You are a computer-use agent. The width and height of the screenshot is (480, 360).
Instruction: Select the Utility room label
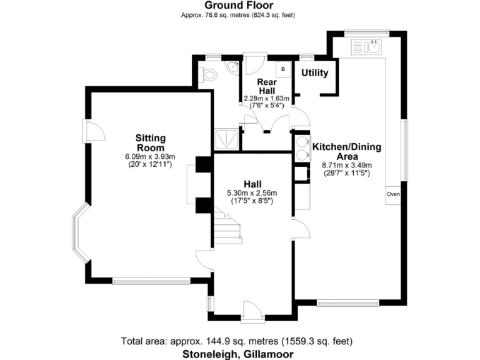315,73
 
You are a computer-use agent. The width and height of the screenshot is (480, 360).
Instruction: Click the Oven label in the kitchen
393,194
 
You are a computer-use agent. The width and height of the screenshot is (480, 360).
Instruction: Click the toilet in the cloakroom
210,75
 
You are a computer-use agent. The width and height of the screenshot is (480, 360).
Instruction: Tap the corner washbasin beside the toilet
232,67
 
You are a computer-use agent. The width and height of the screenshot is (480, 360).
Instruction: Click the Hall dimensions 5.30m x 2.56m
252,193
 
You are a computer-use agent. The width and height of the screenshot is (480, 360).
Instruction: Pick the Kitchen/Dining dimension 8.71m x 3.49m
346,166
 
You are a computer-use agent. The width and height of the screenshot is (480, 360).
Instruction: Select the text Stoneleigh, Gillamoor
237,354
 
